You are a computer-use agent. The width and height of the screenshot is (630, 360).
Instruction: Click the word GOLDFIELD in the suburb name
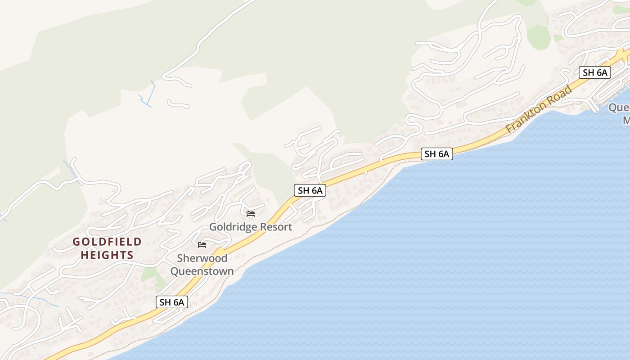[x=107, y=242]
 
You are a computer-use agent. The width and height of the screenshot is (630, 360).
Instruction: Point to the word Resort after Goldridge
[x=275, y=227]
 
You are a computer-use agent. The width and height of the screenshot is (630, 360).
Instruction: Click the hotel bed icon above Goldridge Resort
[x=251, y=213]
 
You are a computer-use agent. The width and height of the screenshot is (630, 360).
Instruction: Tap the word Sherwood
[x=202, y=258]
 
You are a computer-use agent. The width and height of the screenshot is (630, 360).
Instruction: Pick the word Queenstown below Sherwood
[x=202, y=271]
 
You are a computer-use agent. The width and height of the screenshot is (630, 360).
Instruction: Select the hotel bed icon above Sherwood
[x=202, y=245]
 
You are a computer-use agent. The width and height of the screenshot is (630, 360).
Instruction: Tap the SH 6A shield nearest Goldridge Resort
[x=310, y=190]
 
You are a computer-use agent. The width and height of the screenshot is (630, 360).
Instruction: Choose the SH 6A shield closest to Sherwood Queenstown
[x=171, y=302]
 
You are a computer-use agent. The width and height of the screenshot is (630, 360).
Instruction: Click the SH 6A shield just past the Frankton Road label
[x=594, y=72]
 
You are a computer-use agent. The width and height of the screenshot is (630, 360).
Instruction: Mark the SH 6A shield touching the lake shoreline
[x=436, y=154]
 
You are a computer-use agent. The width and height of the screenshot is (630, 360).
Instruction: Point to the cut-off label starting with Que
[x=619, y=108]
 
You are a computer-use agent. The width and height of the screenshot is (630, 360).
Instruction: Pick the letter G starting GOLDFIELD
[x=76, y=242]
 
